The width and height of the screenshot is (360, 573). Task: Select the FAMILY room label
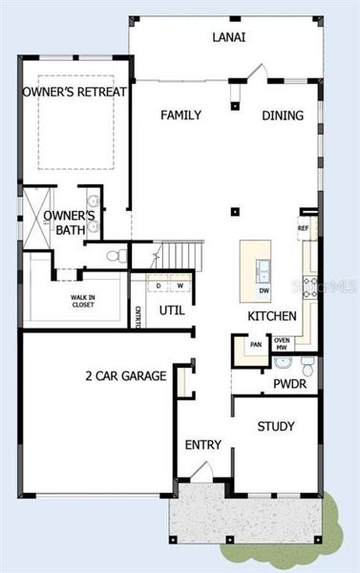point(180,116)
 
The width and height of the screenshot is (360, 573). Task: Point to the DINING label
point(283,116)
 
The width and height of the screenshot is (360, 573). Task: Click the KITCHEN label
point(271,316)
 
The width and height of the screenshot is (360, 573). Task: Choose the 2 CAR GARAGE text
point(125,376)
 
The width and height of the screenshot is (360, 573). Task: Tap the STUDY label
point(276,426)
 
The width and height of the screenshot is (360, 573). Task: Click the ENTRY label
point(202,445)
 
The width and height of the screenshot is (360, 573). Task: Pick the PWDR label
point(288,386)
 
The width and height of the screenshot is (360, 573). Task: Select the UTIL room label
point(172,310)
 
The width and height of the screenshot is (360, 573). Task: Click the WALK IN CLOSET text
point(82,302)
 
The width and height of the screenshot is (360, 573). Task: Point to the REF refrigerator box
point(304,228)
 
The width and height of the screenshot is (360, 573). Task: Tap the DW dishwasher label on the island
point(264,288)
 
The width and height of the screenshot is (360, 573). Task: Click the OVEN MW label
point(283,344)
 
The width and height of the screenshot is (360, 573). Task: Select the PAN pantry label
point(256,345)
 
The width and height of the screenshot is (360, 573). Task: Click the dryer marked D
point(159,285)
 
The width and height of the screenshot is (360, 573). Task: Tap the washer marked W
point(180,285)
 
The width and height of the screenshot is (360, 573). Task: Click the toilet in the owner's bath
point(114,256)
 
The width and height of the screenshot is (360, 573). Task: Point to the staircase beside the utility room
point(180,256)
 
